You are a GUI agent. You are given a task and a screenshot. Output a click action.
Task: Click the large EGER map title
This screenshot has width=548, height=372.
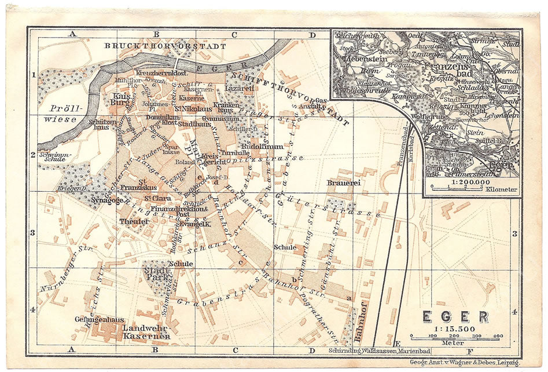pyautogui.click(x=455, y=317)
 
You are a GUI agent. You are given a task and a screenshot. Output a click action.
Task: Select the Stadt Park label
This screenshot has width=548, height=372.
pyautogui.click(x=157, y=272)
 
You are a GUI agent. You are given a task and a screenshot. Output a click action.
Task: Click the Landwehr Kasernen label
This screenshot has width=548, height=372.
pyautogui.click(x=146, y=331)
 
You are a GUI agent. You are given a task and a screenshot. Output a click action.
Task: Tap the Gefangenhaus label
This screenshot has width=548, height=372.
pyautogui.click(x=96, y=319)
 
